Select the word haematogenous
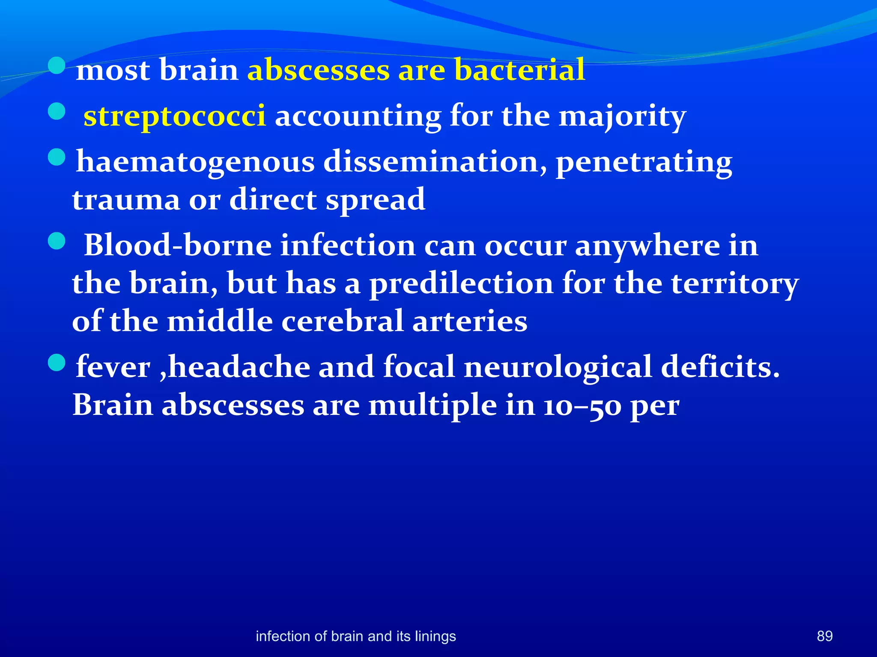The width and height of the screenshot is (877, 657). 195,163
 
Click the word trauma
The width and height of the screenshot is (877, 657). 126,200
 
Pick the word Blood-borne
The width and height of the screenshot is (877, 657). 178,246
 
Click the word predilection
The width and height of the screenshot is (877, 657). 461,284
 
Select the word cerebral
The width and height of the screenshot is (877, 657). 342,321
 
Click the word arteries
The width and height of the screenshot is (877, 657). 470,321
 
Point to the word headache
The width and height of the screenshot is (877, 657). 239,367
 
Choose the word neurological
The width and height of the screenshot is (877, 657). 558,367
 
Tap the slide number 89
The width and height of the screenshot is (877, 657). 824,636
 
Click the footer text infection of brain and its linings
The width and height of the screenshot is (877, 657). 355,636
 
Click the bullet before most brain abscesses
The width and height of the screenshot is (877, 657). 57,66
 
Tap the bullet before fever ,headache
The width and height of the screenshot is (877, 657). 57,363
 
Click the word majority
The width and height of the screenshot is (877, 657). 623,116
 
